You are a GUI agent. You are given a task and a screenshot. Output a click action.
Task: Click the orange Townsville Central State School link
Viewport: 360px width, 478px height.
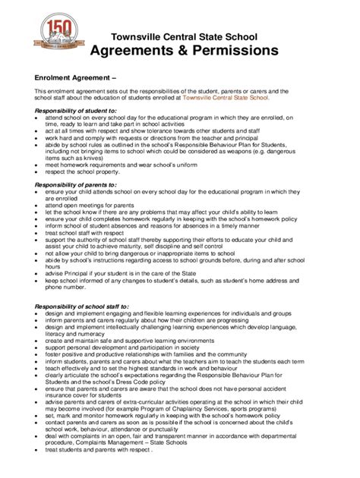tap(225, 98)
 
